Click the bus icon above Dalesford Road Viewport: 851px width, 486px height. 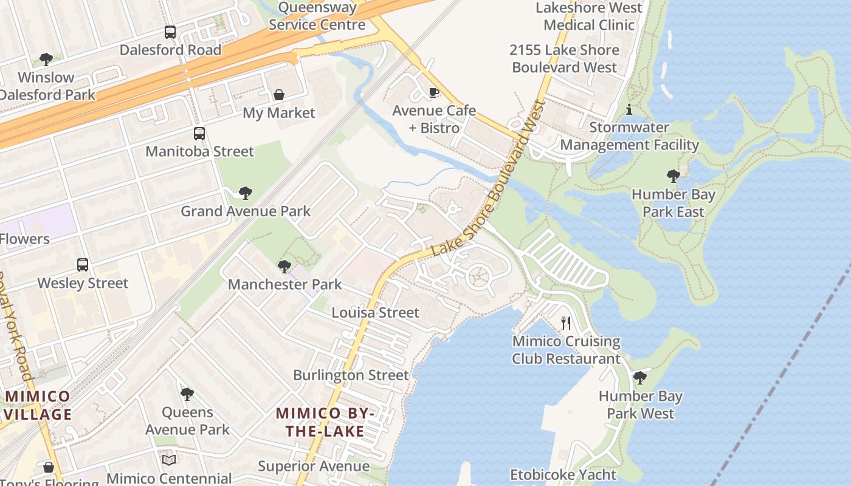click(x=170, y=32)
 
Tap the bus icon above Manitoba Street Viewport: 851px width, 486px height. click(x=199, y=134)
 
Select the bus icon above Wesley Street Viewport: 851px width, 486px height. click(x=83, y=265)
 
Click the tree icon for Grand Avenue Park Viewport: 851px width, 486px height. click(x=245, y=193)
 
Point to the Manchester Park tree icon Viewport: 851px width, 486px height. click(x=284, y=266)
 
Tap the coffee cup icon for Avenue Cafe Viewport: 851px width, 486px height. click(x=433, y=92)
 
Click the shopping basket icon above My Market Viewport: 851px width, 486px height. click(x=279, y=95)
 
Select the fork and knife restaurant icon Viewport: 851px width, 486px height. click(x=566, y=323)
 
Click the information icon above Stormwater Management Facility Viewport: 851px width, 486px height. click(x=629, y=110)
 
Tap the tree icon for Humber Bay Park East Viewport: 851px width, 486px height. click(x=673, y=176)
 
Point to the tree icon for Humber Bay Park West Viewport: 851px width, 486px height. click(x=640, y=378)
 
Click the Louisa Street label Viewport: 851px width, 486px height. click(x=375, y=312)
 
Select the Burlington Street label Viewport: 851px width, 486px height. click(x=351, y=375)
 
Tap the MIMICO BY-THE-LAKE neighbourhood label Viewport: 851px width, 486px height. click(x=326, y=422)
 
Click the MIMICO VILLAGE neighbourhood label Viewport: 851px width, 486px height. click(x=38, y=405)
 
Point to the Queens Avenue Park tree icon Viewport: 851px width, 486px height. click(x=187, y=394)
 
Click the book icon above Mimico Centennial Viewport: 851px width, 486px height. click(x=169, y=460)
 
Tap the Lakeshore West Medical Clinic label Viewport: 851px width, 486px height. click(x=588, y=16)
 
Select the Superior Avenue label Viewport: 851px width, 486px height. click(x=313, y=466)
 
